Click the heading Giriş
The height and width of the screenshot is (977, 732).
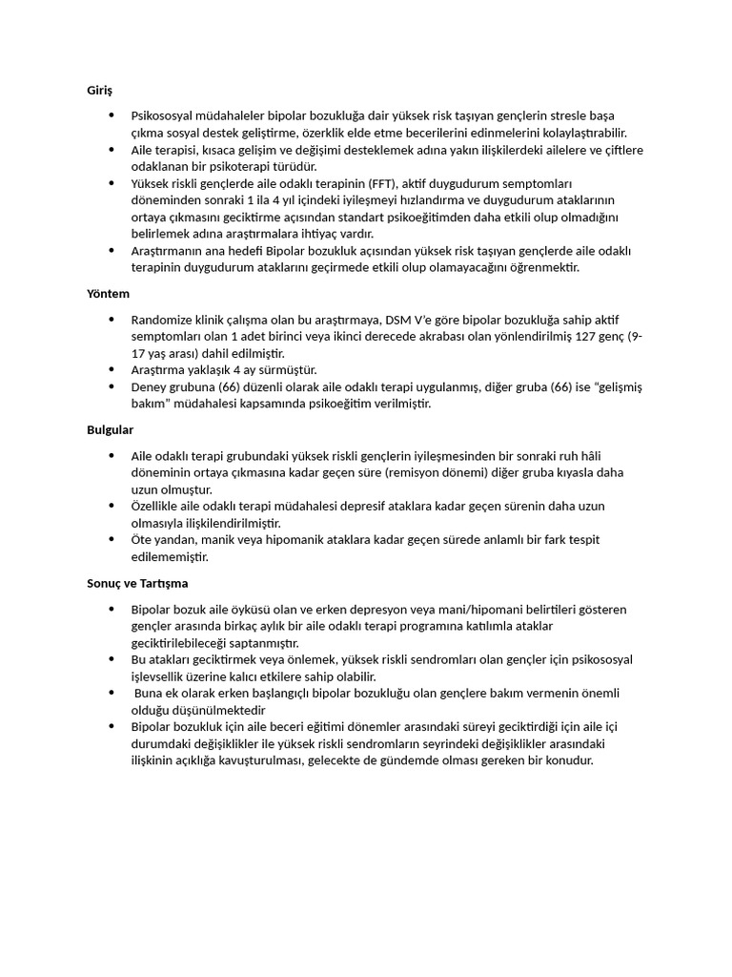pos(99,91)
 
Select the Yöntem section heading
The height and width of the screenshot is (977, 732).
pos(108,294)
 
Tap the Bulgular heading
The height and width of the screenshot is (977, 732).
pos(110,430)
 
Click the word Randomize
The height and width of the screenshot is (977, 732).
pos(163,320)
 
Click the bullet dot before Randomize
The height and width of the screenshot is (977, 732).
pos(112,320)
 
